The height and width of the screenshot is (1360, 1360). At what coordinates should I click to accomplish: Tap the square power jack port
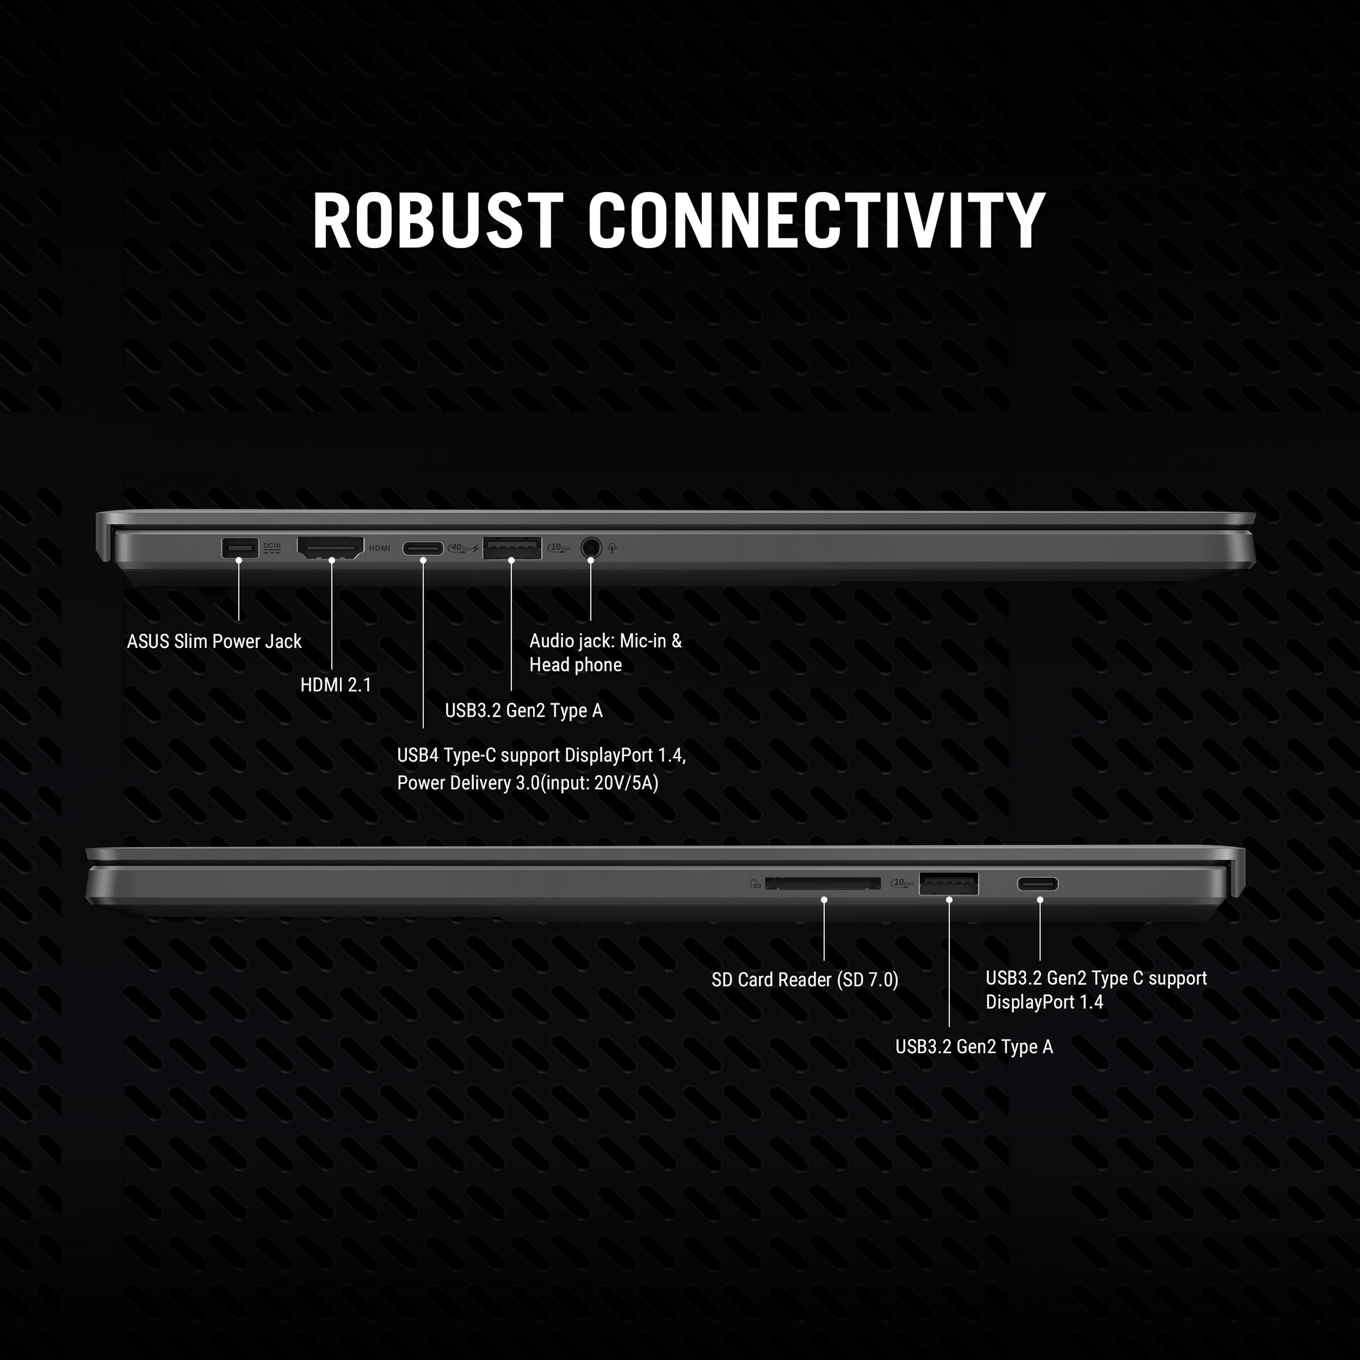click(239, 548)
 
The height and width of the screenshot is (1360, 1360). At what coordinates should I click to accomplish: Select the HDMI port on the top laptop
click(330, 547)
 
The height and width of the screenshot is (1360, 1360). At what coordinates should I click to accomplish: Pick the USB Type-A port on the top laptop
click(512, 548)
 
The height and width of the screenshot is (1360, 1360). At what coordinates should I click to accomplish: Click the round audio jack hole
click(591, 548)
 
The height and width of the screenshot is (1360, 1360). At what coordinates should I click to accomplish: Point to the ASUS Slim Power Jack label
click(214, 641)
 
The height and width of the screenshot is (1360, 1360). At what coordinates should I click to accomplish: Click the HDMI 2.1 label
click(336, 685)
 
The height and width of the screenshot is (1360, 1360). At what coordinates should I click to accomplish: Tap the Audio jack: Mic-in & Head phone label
click(605, 652)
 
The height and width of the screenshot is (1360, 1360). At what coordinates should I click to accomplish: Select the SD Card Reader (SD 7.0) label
click(805, 980)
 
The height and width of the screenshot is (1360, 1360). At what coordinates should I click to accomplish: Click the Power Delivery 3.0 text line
click(527, 783)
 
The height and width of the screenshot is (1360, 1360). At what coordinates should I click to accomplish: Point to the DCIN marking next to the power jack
click(272, 547)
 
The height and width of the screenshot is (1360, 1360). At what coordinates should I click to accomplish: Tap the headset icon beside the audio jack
click(612, 548)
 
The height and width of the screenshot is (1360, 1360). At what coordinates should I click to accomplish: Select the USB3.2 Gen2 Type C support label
click(1095, 978)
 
